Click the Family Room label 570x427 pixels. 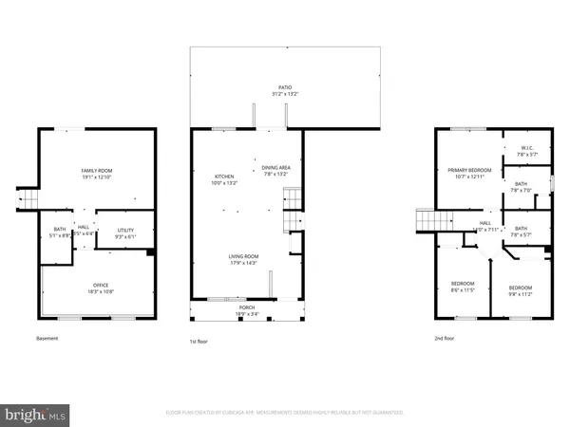pyautogui.click(x=96, y=172)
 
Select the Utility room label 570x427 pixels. pyautogui.click(x=126, y=231)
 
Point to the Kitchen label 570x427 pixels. pyautogui.click(x=224, y=177)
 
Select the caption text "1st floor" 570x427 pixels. pyautogui.click(x=199, y=339)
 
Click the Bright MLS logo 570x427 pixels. pyautogui.click(x=35, y=415)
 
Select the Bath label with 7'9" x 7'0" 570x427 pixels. pyautogui.click(x=522, y=187)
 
